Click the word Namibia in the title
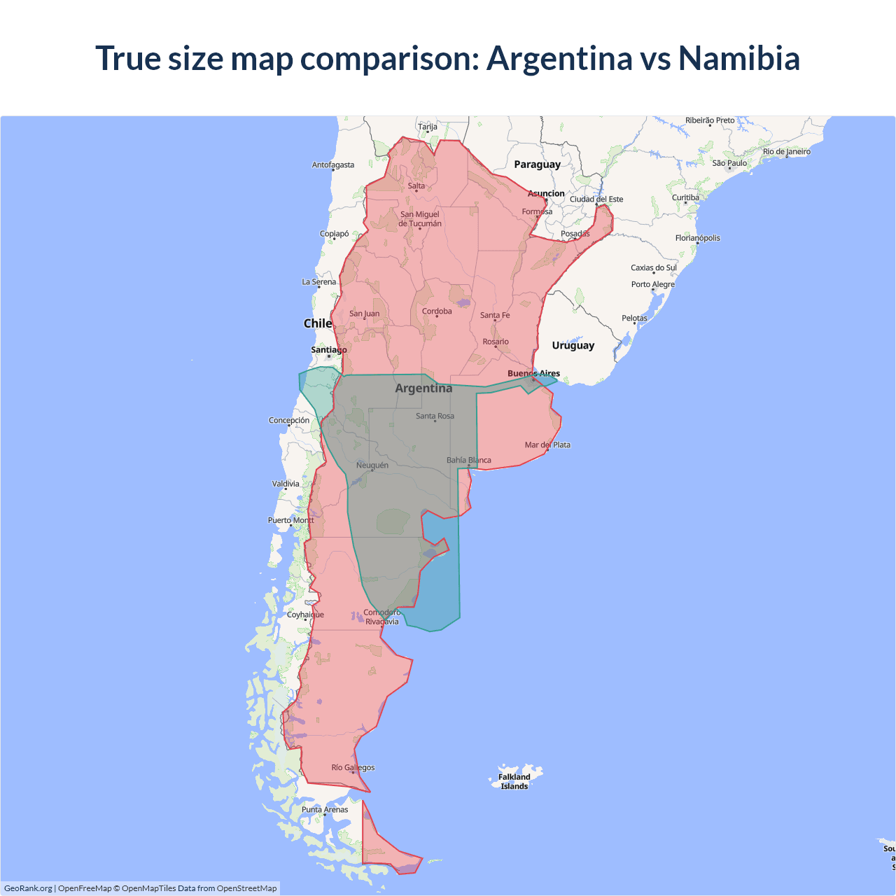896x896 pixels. point(738,58)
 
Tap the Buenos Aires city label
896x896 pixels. point(533,374)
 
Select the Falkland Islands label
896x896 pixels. point(514,781)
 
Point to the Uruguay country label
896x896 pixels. point(573,345)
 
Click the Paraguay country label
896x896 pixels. point(537,164)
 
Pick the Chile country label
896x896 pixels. point(317,323)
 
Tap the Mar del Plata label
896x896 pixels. point(547,445)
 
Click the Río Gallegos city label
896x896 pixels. point(353,768)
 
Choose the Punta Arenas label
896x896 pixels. point(325,810)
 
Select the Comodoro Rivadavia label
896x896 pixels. point(382,617)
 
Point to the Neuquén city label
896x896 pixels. point(372,465)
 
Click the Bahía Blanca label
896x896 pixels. point(469,461)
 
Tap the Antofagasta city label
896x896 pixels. point(333,165)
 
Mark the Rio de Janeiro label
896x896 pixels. point(787,151)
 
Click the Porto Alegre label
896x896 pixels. point(653,284)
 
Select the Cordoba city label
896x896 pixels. point(437,311)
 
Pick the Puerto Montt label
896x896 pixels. point(291,520)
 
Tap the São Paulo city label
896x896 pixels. point(729,163)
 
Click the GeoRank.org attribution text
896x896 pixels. point(28,888)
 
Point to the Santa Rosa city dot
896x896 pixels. point(435,421)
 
